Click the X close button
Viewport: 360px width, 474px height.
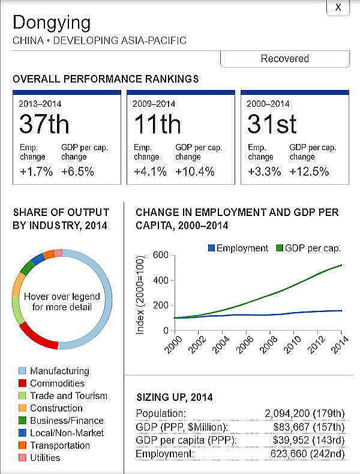tap(338, 7)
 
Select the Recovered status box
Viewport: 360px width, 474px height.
tap(284, 59)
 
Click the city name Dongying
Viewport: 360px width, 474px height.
tap(52, 23)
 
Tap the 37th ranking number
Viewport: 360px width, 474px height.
tap(44, 124)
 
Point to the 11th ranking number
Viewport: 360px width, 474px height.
tap(157, 124)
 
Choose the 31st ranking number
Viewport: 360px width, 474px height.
tap(272, 124)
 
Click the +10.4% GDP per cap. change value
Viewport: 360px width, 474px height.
tap(195, 172)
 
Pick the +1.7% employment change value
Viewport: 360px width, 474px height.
tap(35, 172)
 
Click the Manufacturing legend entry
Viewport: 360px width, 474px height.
tap(59, 371)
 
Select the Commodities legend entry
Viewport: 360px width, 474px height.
tap(57, 383)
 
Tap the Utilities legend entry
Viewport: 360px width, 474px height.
tap(45, 458)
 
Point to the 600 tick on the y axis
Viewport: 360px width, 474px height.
tap(159, 255)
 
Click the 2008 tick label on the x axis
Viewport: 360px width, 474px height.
tap(268, 345)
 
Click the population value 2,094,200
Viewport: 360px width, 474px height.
tap(291, 413)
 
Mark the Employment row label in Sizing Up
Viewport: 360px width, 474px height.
tap(164, 454)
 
